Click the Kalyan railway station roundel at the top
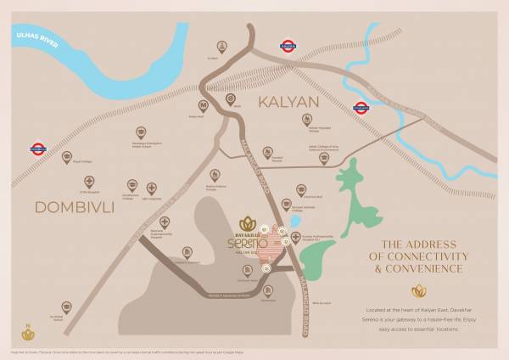click(288, 46)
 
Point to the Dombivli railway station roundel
click(37, 148)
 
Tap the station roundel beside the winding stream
click(361, 108)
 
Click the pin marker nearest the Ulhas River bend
click(222, 46)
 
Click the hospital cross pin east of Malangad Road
click(296, 237)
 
